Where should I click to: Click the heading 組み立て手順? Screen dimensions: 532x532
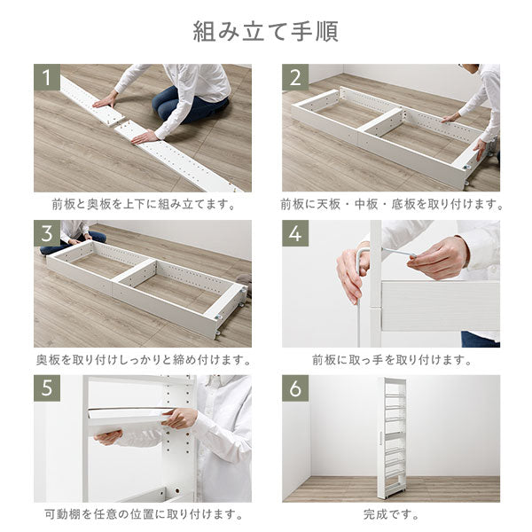coord(266,32)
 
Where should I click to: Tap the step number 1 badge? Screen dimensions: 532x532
coord(47,77)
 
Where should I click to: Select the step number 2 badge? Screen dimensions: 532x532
coord(295,77)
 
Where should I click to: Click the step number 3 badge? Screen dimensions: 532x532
coord(47,233)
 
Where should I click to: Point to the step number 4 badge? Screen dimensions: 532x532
coord(295,233)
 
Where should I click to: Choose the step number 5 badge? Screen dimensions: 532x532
coord(47,388)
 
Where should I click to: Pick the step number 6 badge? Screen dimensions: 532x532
coord(295,388)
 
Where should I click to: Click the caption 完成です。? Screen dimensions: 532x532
coord(391,514)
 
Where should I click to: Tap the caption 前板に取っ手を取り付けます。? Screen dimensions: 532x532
coord(392,360)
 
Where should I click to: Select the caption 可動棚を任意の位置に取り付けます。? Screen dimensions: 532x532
coord(144,514)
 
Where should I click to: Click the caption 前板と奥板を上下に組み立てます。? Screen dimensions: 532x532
coord(144,204)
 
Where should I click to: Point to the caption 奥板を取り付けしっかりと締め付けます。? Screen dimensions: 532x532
coord(144,360)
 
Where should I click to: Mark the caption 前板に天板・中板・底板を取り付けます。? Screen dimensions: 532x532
coord(392,204)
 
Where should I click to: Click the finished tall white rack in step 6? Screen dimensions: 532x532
coord(392,438)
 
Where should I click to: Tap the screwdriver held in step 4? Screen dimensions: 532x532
coord(399,253)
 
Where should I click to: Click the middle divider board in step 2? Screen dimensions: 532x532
coord(381,121)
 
